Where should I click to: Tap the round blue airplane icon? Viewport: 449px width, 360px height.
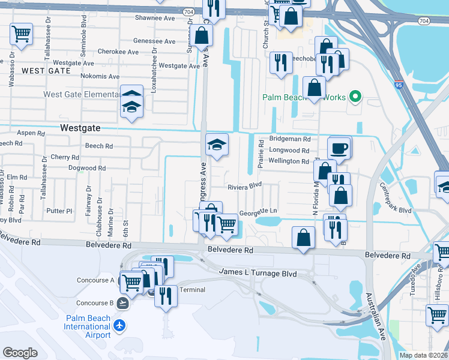[x=120, y=326]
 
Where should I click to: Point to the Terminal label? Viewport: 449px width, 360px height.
[x=192, y=290]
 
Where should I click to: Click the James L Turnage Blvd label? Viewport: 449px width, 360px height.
[x=258, y=273]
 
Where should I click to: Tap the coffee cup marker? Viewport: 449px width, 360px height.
[x=340, y=148]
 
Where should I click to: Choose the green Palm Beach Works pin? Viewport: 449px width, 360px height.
[x=355, y=96]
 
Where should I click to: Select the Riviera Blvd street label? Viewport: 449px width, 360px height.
[x=245, y=187]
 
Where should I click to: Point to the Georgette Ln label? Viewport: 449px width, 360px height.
[x=258, y=212]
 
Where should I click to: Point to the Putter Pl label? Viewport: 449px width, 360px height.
[x=59, y=211]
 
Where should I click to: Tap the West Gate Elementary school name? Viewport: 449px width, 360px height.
[x=82, y=94]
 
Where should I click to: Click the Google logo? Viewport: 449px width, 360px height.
[x=20, y=353]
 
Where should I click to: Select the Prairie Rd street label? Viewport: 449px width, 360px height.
[x=262, y=153]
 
